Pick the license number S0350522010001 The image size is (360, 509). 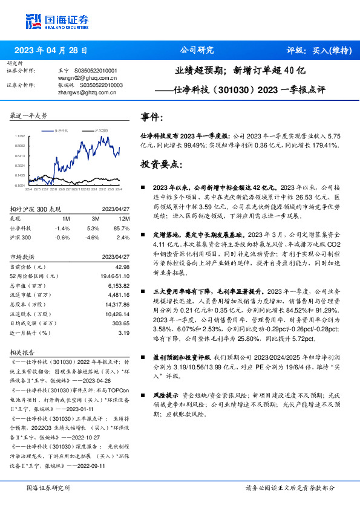point(97,71)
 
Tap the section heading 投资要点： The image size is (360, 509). point(160,164)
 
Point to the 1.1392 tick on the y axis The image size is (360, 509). point(21,137)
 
